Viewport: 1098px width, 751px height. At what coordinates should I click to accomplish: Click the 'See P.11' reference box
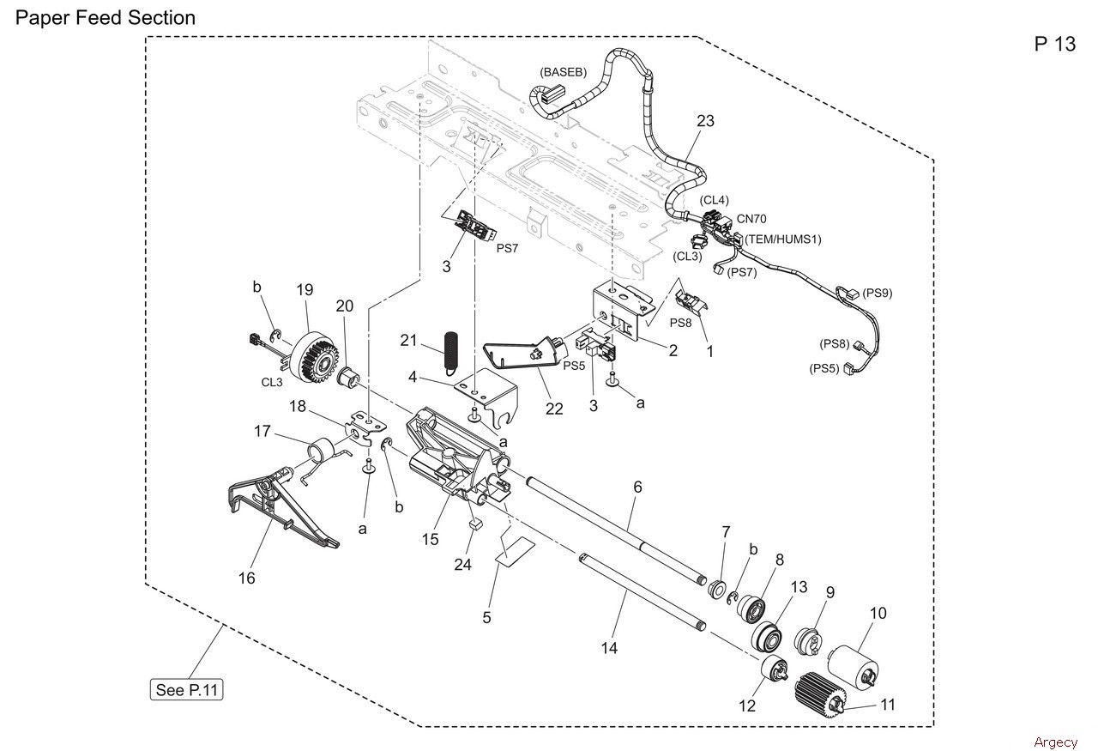pos(186,690)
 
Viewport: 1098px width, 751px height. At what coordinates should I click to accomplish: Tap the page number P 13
pos(1054,44)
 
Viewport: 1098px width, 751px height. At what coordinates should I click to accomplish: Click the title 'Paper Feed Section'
pos(106,18)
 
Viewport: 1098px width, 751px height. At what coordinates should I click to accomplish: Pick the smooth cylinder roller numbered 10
pos(854,667)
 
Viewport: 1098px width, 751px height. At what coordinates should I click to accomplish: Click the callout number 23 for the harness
pos(705,121)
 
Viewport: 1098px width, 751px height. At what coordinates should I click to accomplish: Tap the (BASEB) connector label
pos(563,72)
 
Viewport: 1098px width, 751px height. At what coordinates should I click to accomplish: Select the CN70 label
pos(751,219)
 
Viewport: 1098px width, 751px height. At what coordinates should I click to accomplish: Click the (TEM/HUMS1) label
pos(783,239)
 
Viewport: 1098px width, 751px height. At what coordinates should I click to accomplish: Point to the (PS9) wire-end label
pos(877,293)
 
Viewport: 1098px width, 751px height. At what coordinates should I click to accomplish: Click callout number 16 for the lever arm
pos(246,578)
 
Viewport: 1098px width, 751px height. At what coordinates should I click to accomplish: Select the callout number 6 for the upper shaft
pos(637,487)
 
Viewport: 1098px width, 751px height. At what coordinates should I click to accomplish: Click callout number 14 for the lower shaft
pos(609,648)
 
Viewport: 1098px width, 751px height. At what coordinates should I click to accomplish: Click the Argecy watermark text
pos(1055,742)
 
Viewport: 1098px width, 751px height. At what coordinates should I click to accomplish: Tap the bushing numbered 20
pos(348,378)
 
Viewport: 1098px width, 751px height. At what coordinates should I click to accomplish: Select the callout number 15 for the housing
pos(430,539)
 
